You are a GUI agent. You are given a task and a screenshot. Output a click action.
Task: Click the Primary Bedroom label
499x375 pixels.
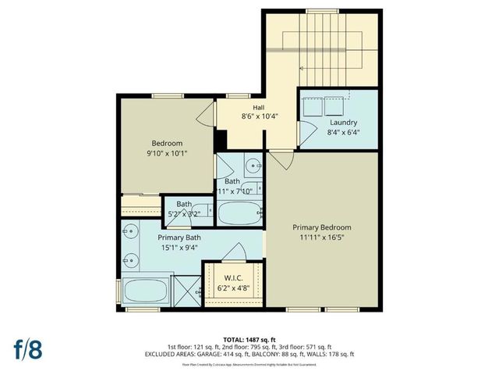327,228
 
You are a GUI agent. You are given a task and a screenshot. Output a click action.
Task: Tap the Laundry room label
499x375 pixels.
343,123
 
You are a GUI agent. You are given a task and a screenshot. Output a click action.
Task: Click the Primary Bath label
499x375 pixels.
180,237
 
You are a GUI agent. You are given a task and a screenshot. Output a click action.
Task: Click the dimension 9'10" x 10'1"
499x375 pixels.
167,153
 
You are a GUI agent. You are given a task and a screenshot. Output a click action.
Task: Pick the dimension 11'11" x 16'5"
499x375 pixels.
327,237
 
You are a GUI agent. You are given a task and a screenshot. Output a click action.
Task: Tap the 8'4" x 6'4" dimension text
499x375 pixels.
343,132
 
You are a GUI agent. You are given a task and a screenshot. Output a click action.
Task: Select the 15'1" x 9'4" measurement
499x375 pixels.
180,247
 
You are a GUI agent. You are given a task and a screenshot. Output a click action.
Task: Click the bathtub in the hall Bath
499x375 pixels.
239,212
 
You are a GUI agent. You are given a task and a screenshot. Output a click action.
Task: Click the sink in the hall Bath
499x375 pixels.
254,166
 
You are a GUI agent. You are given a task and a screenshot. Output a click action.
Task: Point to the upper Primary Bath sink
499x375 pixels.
129,231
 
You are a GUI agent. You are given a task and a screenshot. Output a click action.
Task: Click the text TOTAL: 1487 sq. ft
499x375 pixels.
249,337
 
